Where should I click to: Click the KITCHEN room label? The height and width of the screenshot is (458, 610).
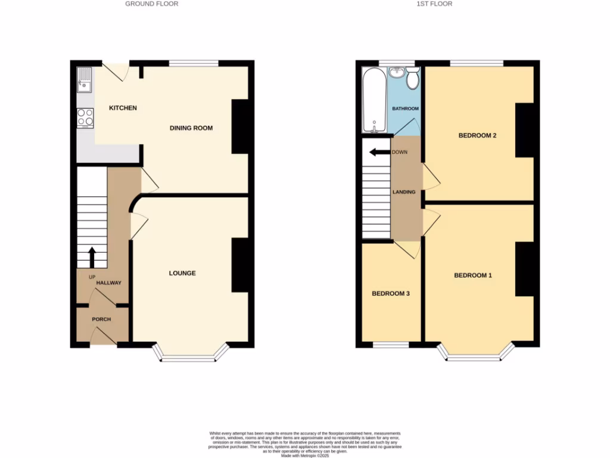pyautogui.click(x=123, y=108)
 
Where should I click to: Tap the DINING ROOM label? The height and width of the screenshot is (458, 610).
pyautogui.click(x=191, y=128)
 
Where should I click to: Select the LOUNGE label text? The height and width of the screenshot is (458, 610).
pyautogui.click(x=182, y=273)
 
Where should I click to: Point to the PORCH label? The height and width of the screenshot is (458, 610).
pyautogui.click(x=101, y=320)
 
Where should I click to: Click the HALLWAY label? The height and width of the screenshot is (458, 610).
pyautogui.click(x=109, y=283)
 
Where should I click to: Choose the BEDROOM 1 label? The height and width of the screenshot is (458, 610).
pyautogui.click(x=473, y=276)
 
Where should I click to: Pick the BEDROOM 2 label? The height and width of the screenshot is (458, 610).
pyautogui.click(x=477, y=135)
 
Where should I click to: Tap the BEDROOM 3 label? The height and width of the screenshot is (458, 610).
pyautogui.click(x=391, y=294)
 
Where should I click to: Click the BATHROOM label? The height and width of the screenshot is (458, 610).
pyautogui.click(x=405, y=109)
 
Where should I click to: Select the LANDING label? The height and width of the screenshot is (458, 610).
pyautogui.click(x=403, y=192)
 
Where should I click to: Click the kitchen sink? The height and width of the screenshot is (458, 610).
pyautogui.click(x=85, y=80)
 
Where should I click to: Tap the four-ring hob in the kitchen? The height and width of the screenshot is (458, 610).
pyautogui.click(x=85, y=117)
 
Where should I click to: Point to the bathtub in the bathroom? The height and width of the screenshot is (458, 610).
pyautogui.click(x=375, y=100)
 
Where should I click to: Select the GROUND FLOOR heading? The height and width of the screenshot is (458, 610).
pyautogui.click(x=151, y=4)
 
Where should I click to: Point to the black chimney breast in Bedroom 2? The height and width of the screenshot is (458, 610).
pyautogui.click(x=524, y=130)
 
